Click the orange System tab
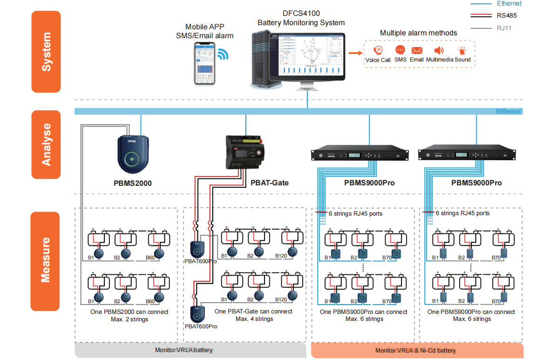[x=46, y=52]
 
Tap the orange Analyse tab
[x=46, y=144]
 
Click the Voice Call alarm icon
[x=378, y=50]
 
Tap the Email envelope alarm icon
[x=416, y=50]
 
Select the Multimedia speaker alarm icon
[x=439, y=50]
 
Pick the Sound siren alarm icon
[x=462, y=51]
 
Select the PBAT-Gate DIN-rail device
[x=244, y=152]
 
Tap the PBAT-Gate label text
[x=269, y=183]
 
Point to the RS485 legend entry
[x=507, y=15]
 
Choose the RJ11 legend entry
[x=504, y=28]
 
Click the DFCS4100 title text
[x=301, y=14]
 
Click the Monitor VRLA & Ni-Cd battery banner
[x=416, y=350]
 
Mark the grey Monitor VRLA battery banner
[x=190, y=350]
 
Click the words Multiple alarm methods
[x=418, y=33]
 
